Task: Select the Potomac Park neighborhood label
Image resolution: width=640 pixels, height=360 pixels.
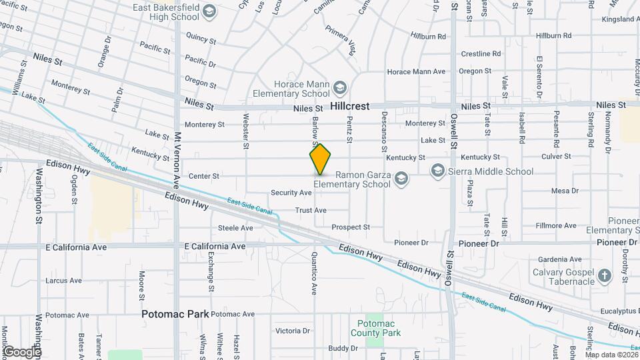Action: [x=175, y=313]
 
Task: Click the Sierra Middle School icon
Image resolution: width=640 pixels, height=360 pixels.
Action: [x=437, y=171]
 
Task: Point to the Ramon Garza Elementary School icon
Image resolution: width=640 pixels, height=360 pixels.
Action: [x=401, y=177]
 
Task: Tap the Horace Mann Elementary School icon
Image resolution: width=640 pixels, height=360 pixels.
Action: [x=340, y=87]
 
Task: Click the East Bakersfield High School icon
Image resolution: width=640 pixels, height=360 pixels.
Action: [x=209, y=11]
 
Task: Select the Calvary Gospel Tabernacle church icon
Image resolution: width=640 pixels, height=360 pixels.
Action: [x=604, y=275]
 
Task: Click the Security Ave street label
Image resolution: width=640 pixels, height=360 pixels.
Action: [x=291, y=193]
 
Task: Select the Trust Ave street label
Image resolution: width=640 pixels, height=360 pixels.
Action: [x=311, y=210]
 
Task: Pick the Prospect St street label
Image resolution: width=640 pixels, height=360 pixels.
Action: [x=351, y=227]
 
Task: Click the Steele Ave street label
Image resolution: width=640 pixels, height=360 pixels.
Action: [x=235, y=228]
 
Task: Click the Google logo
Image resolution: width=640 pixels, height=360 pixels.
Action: [x=22, y=351]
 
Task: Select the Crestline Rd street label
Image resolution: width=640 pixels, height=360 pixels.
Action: [x=481, y=54]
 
